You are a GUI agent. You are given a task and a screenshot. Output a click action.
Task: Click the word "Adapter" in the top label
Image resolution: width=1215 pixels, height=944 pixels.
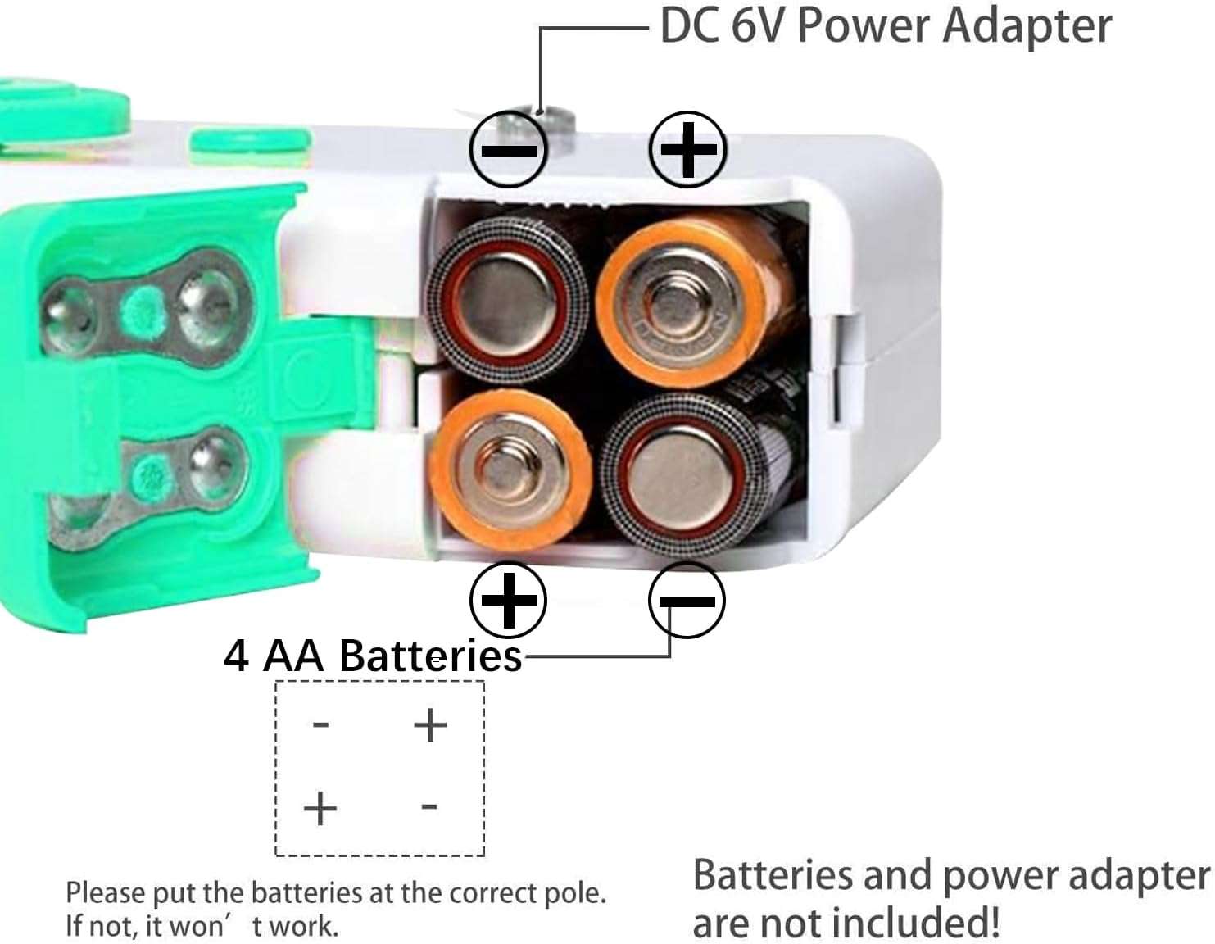pos(1027,28)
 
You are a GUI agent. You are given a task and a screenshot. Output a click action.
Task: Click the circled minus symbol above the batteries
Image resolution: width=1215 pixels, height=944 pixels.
pos(509,149)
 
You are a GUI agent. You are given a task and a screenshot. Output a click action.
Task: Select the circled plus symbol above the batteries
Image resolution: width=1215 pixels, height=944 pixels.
pos(687,149)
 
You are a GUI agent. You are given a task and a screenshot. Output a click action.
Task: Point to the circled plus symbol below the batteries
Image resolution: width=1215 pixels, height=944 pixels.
pos(508,600)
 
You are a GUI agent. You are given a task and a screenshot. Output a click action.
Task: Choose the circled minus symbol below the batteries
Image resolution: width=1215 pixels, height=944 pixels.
pos(687,600)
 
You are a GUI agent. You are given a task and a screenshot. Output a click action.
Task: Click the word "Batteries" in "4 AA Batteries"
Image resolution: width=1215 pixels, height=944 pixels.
pos(430,656)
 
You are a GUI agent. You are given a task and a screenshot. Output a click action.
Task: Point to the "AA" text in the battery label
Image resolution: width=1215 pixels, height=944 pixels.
pos(293,656)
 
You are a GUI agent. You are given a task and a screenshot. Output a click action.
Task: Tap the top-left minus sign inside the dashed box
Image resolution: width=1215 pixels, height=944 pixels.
pos(320,725)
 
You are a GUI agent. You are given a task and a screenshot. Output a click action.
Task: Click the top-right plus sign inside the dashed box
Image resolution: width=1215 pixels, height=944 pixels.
pos(430,725)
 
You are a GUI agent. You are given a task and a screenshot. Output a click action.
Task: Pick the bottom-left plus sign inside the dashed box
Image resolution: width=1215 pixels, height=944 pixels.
pos(320,808)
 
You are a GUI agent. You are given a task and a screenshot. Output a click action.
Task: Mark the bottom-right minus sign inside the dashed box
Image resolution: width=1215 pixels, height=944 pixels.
pos(429,806)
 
